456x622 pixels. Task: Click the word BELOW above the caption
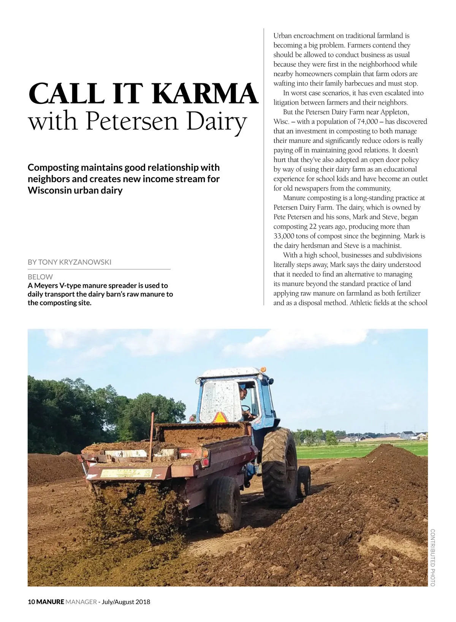[40, 277]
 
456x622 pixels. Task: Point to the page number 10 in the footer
[31, 602]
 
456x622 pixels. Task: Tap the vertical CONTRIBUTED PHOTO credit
[432, 557]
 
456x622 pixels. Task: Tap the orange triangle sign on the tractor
[220, 417]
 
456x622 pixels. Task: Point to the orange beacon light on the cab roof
[263, 369]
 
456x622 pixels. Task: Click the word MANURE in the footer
[50, 602]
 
